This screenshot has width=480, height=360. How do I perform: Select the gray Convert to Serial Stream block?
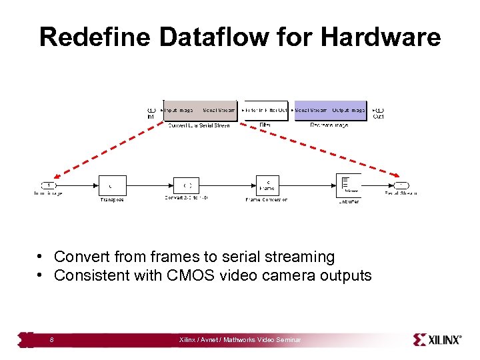(199, 110)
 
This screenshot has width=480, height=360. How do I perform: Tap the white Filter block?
(265, 110)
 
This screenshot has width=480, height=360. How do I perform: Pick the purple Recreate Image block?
(330, 110)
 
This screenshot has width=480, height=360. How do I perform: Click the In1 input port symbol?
(151, 110)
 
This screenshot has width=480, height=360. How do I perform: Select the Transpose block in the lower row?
(112, 185)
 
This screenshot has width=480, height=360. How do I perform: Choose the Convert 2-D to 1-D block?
(187, 185)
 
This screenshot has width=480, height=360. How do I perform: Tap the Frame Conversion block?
(267, 185)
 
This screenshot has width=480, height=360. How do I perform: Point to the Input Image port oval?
(48, 185)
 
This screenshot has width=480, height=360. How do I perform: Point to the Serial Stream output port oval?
(401, 185)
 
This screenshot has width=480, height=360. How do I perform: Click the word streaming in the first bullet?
(299, 257)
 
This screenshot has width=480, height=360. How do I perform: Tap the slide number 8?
(52, 341)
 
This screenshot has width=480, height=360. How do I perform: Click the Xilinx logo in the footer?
(437, 339)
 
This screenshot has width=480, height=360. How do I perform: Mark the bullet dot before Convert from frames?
(41, 257)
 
